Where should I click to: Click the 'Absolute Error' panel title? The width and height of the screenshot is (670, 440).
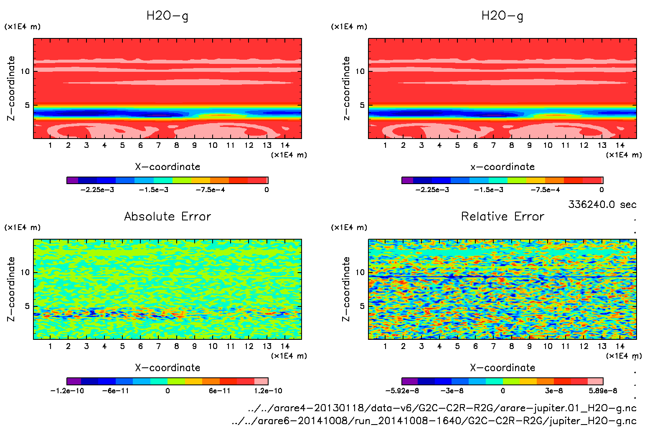point(167,216)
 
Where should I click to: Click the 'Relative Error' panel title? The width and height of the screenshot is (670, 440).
point(502,216)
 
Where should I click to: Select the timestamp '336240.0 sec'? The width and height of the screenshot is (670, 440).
point(602,205)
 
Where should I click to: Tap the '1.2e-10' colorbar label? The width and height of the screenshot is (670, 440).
point(268,391)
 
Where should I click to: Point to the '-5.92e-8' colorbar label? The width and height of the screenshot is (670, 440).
point(402,391)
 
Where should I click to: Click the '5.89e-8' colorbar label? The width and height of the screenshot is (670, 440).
point(603,391)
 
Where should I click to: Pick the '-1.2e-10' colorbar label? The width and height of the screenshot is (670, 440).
point(67,391)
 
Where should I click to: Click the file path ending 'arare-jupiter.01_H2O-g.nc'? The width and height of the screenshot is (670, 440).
point(442,408)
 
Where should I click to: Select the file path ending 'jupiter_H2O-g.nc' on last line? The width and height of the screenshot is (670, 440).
point(434,421)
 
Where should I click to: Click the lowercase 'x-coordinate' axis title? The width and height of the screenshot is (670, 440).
point(502,167)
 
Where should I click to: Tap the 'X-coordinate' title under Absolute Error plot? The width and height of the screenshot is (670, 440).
point(167,367)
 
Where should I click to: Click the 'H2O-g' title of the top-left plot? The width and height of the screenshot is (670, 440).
point(167,16)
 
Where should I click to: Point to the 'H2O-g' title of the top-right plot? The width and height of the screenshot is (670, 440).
point(502,16)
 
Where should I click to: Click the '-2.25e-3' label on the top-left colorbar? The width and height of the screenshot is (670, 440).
point(97,190)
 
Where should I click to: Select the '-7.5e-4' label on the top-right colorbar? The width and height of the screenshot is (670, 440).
point(545,190)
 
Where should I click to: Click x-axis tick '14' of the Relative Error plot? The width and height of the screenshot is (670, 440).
point(620,346)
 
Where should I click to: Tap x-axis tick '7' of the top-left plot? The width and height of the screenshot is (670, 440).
point(158,145)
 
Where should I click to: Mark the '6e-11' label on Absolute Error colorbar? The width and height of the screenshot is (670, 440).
point(219,391)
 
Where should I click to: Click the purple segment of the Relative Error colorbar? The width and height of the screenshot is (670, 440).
point(409,381)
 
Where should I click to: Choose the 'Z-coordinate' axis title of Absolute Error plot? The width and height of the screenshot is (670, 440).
point(11,289)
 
